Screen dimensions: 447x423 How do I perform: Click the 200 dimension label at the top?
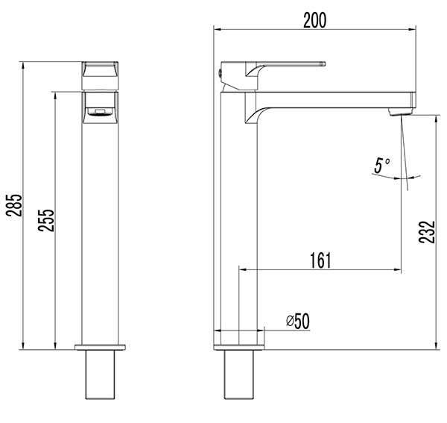tap(314, 20)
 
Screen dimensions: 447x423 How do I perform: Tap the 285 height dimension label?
tap(14, 205)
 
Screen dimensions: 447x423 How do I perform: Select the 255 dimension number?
tap(46, 220)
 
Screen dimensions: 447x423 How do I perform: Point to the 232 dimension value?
tap(427, 232)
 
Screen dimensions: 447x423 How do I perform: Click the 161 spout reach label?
tap(320, 260)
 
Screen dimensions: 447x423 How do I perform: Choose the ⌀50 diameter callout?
tap(298, 321)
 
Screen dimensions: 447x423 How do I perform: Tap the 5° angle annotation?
tap(382, 166)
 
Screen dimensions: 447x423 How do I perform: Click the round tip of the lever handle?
tap(323, 63)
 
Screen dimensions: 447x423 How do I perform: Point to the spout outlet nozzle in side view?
tap(401, 111)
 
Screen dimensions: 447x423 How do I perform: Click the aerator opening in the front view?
tap(100, 113)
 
